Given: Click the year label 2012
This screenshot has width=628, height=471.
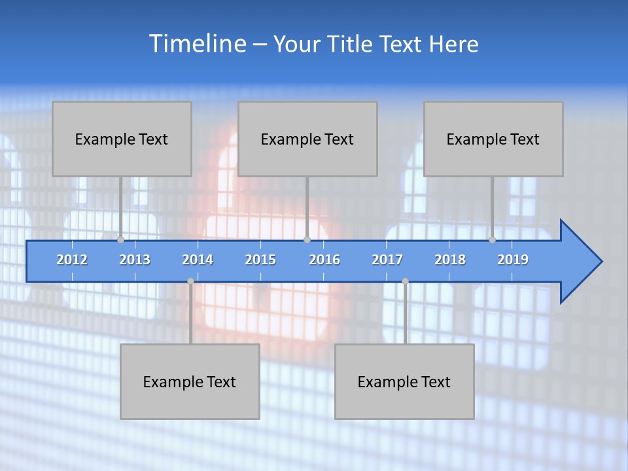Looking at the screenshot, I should [72, 260].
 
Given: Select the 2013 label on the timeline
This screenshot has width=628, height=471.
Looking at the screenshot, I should [135, 260].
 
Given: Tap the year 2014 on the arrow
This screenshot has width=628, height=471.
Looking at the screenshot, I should [198, 260].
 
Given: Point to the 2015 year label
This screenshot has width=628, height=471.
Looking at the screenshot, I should [260, 260].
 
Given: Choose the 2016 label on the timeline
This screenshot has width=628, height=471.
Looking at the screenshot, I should [324, 260].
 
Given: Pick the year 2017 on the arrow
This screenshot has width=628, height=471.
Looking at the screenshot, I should [387, 260].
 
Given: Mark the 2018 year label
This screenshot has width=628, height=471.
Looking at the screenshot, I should [450, 260].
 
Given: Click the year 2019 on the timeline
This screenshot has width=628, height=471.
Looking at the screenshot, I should [513, 260].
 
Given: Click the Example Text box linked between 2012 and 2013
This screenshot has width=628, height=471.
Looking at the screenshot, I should [122, 139].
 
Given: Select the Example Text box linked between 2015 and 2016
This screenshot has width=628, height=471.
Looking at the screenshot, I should [307, 139].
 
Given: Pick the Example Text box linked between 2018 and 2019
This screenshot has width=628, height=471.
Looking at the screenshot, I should [493, 139].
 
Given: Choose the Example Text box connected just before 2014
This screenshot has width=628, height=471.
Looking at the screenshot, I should [190, 381].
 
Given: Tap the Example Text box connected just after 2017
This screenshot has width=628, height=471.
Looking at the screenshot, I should [404, 381].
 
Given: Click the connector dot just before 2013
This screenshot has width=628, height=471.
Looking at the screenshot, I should [120, 239].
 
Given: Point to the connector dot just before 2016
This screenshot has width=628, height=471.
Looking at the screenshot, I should [307, 239].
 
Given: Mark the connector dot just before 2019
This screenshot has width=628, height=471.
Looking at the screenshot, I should [492, 239].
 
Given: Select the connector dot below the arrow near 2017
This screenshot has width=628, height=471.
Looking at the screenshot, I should [405, 281].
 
